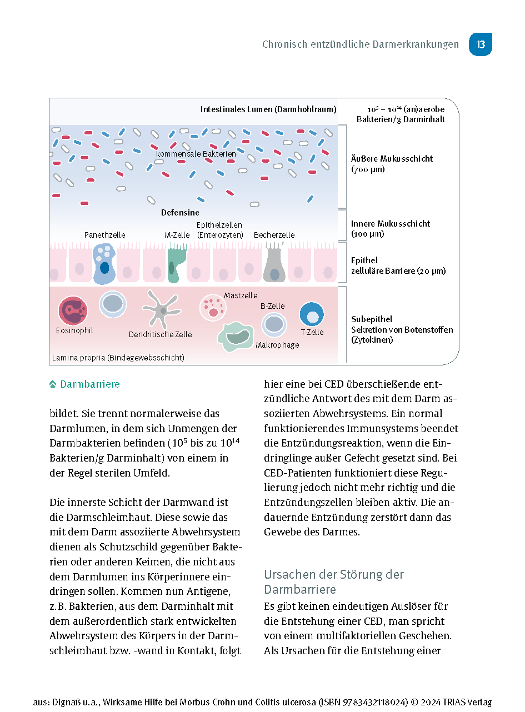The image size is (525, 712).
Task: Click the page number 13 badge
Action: [x=480, y=44]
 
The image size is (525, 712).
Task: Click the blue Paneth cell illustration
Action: [x=104, y=263]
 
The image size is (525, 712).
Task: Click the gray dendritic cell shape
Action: [x=161, y=310]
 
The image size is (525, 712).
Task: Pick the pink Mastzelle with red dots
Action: [x=213, y=307]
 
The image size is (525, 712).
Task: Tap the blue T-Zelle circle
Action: [x=312, y=315]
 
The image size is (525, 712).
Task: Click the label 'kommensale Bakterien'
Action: [x=196, y=154]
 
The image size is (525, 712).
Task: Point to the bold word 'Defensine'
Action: [x=180, y=213]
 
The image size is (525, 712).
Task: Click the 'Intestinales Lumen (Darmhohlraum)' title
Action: [x=268, y=109]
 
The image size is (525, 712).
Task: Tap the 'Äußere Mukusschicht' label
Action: [x=392, y=159]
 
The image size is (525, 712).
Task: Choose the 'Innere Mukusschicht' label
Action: [x=391, y=224]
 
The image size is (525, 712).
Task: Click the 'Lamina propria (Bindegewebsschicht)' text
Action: [x=118, y=358]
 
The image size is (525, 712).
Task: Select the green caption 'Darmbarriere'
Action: [x=90, y=384]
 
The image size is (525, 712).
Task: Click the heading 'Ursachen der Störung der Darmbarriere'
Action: [x=334, y=581]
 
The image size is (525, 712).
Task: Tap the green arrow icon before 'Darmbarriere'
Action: [x=53, y=384]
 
